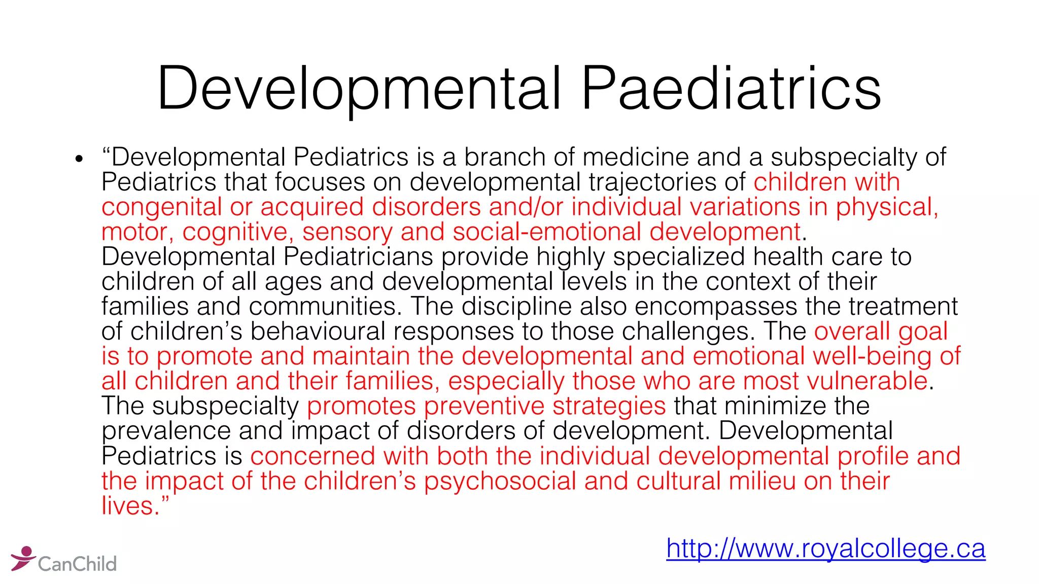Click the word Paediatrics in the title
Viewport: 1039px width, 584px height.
tap(731, 89)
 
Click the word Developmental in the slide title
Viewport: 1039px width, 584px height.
tap(359, 89)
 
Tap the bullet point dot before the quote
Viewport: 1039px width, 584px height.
tap(78, 160)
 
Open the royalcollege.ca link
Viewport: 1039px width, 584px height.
tap(825, 549)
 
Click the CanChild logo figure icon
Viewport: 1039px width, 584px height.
tap(23, 558)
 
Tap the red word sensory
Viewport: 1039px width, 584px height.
tap(347, 232)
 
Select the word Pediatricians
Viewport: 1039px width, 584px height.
tap(358, 257)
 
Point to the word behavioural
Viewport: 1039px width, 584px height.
tap(318, 331)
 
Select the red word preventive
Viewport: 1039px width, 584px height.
tap(484, 406)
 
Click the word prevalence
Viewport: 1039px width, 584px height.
tap(166, 430)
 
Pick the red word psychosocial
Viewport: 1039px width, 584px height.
tap(500, 481)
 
